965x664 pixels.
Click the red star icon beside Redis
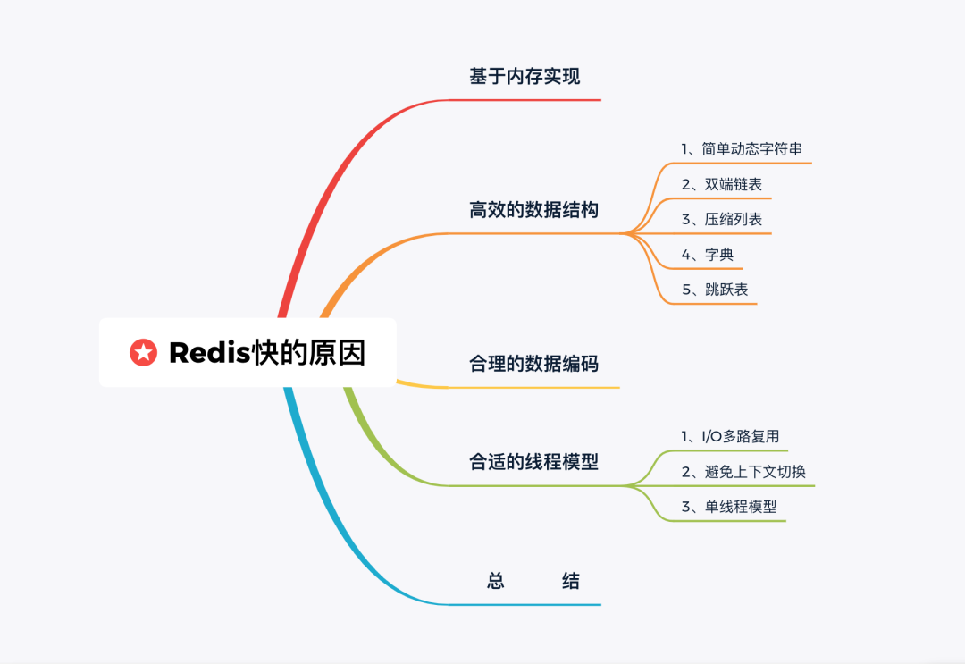[143, 352]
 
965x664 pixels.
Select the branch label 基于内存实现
[524, 77]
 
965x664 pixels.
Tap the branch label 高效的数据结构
[533, 211]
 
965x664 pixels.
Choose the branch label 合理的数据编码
[533, 364]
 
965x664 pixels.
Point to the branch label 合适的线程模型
[533, 462]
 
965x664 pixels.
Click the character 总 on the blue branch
[496, 582]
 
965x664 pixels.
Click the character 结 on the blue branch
[570, 582]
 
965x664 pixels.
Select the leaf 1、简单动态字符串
[742, 148]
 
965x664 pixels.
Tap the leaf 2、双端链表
[721, 184]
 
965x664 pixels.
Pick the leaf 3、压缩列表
[721, 219]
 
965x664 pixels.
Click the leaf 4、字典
[707, 255]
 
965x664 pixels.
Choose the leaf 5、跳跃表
[721, 290]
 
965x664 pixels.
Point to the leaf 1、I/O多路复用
[730, 436]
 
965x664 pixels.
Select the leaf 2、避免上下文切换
[743, 471]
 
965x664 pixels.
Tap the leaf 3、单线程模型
[728, 507]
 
